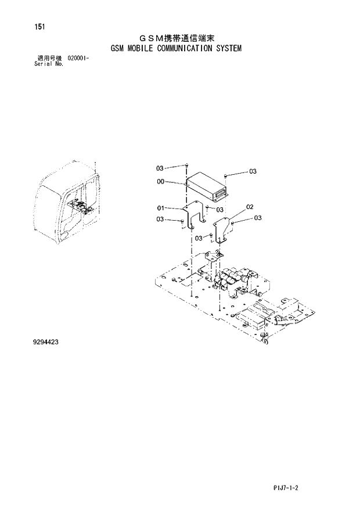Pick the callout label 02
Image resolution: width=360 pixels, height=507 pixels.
(x=250, y=206)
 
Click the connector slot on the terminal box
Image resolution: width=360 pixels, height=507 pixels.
(x=220, y=189)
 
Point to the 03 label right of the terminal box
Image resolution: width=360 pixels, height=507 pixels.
(x=253, y=171)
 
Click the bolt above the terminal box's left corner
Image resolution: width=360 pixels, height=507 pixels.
(x=185, y=165)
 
